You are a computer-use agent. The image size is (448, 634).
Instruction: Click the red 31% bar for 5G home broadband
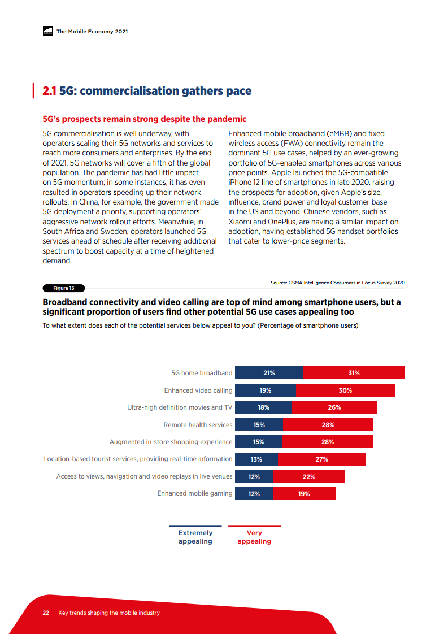(354, 373)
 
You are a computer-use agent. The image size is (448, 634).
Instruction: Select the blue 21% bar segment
(269, 373)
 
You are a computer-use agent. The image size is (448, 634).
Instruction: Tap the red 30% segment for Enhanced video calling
(345, 390)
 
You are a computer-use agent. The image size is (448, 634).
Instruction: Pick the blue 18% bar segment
(263, 407)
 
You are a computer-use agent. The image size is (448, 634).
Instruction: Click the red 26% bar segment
(334, 407)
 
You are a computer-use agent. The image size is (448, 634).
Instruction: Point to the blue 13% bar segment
(256, 459)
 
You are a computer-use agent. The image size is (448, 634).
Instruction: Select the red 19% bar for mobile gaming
(304, 494)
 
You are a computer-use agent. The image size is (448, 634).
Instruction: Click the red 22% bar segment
(309, 477)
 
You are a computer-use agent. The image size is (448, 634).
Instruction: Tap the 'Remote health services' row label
(198, 425)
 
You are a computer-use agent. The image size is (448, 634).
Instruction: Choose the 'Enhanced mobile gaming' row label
(194, 494)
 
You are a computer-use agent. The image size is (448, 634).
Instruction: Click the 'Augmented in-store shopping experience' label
(171, 442)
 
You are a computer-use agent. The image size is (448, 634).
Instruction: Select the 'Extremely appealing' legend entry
(195, 537)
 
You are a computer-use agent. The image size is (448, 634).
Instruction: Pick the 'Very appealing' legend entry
(254, 537)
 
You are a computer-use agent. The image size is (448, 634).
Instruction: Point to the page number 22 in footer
(46, 613)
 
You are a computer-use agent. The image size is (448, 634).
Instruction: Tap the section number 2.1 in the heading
(50, 92)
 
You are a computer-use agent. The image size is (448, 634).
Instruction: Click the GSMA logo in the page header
(47, 32)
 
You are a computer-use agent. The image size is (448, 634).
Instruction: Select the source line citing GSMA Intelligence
(338, 283)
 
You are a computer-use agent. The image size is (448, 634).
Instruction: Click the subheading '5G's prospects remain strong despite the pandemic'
(145, 119)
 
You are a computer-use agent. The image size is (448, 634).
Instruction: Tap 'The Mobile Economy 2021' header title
(92, 32)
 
